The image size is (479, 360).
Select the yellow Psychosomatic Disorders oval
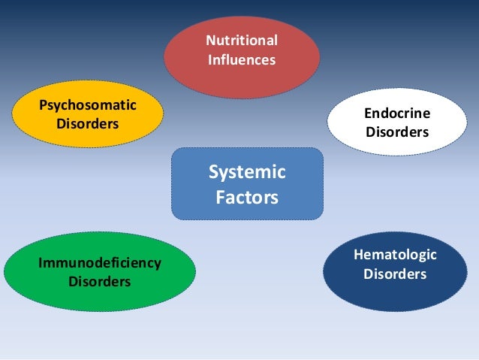[x=88, y=113]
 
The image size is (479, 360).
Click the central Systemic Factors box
[x=247, y=184]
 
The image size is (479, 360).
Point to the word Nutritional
[x=242, y=40]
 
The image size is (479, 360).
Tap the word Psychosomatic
[x=88, y=104]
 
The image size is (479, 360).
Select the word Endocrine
[x=397, y=113]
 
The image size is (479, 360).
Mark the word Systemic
[x=247, y=172]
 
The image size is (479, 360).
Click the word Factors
[x=247, y=198]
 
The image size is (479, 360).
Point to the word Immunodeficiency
[x=100, y=264]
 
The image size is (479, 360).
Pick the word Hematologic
[x=395, y=256]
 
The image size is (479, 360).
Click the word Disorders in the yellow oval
[x=88, y=122]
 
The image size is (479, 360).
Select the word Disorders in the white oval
[x=397, y=132]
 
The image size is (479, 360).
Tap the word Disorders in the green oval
[x=100, y=282]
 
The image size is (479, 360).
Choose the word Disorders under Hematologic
[x=395, y=274]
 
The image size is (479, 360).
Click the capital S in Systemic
[x=213, y=172]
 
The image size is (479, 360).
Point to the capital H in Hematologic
[x=357, y=256]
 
